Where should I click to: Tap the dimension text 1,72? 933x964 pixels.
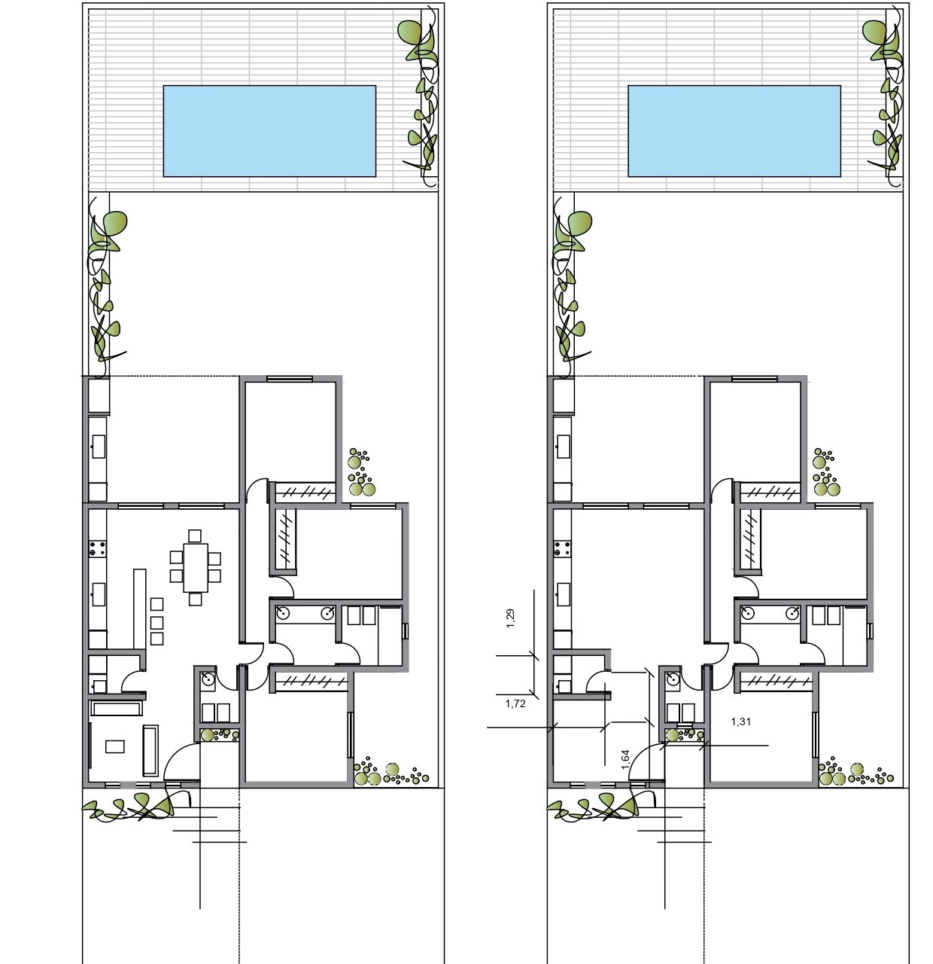point(515,703)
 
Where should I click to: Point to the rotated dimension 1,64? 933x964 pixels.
point(625,759)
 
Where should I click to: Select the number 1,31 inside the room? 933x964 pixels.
point(741,721)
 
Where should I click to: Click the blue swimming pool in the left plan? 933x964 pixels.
point(269,131)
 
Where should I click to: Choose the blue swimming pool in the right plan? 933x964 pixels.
point(734,131)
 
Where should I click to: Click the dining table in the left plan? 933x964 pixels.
point(196,567)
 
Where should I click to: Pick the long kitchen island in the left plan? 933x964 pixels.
point(140,609)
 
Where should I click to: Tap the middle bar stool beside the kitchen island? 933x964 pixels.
point(157,622)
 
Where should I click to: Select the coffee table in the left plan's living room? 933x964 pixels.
point(115,746)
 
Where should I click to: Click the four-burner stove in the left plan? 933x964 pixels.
point(98,548)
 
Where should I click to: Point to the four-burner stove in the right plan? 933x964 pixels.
point(562,548)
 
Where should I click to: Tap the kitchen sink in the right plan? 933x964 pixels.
point(564,594)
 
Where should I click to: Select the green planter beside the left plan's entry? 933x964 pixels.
point(219,735)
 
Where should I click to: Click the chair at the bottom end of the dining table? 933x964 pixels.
point(196,599)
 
